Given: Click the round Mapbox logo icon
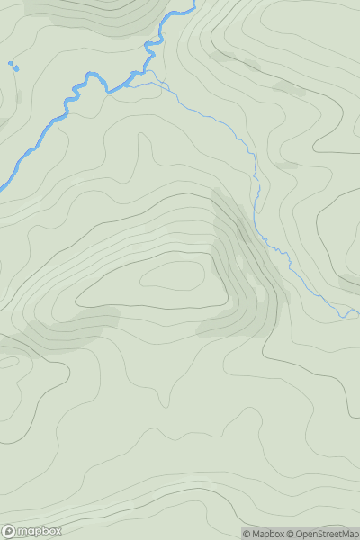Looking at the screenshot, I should (x=9, y=531).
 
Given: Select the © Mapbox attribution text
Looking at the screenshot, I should (x=263, y=534).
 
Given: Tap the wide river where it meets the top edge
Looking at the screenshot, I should (x=191, y=4).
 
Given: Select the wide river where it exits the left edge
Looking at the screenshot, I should (x=3, y=184).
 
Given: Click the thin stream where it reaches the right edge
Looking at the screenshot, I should (x=357, y=312).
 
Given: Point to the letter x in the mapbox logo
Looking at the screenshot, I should (x=58, y=531).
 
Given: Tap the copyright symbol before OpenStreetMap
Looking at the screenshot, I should (x=292, y=534).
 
